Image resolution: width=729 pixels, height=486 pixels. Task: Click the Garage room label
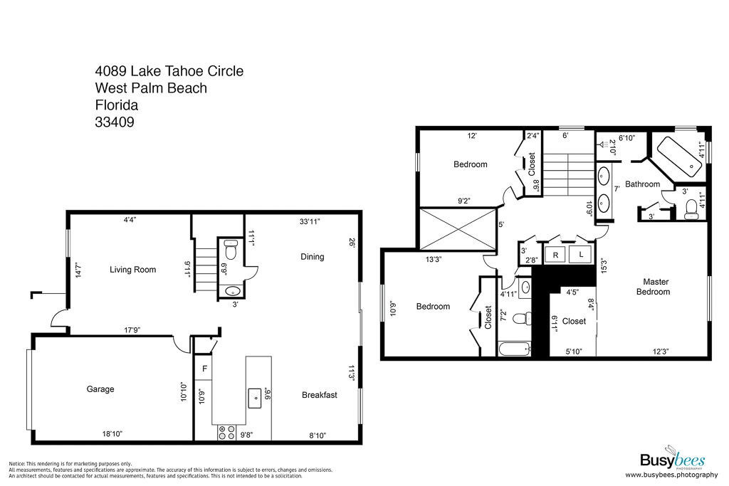pyautogui.click(x=100, y=389)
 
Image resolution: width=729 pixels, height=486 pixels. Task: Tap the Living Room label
pyautogui.click(x=132, y=270)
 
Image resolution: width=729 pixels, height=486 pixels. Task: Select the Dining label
pyautogui.click(x=312, y=256)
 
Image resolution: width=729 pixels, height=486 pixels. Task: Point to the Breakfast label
pyautogui.click(x=320, y=395)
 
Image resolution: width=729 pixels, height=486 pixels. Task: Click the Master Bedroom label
pyautogui.click(x=654, y=287)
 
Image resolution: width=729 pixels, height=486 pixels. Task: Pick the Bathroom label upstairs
pyautogui.click(x=643, y=184)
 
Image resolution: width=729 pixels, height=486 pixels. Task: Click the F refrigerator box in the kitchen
pyautogui.click(x=204, y=369)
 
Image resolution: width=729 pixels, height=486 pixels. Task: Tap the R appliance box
pyautogui.click(x=555, y=255)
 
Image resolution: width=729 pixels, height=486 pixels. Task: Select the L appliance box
pyautogui.click(x=581, y=255)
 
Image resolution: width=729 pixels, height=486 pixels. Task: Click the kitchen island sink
pyautogui.click(x=254, y=398)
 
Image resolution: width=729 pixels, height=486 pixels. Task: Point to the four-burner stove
pyautogui.click(x=226, y=433)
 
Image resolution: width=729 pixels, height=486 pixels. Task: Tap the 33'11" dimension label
pyautogui.click(x=310, y=221)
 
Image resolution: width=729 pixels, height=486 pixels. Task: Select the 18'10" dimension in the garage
pyautogui.click(x=112, y=434)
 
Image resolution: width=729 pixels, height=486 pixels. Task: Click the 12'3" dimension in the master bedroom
pyautogui.click(x=660, y=352)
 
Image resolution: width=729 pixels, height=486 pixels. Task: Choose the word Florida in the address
pyautogui.click(x=117, y=105)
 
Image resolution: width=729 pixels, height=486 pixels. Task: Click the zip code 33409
pyautogui.click(x=115, y=122)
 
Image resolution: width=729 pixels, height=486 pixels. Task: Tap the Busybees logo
pyautogui.click(x=672, y=458)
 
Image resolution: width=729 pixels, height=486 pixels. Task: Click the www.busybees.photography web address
pyautogui.click(x=671, y=475)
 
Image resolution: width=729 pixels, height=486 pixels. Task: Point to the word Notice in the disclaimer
pyautogui.click(x=17, y=464)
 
